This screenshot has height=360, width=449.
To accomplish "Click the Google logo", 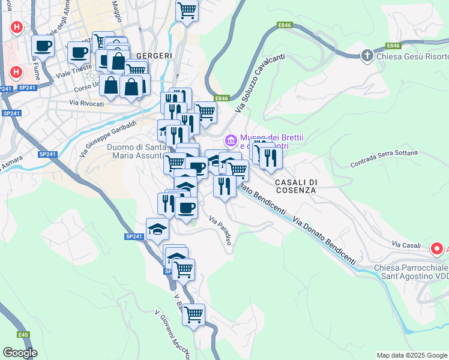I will pos(20,353).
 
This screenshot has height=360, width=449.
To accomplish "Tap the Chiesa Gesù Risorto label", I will pos(412,56).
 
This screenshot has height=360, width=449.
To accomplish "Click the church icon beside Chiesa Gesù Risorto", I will pos(367,56).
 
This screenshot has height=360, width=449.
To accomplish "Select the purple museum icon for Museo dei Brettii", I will pos(231,140).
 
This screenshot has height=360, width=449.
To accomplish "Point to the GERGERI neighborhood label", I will pos(154,55).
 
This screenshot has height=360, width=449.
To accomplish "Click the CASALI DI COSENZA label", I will pos(295,185).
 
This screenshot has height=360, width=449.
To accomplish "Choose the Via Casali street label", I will pos(405,244).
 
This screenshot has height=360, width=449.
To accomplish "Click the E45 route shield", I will pos(23,334).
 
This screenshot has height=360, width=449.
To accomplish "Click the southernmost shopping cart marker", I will pos(193,314).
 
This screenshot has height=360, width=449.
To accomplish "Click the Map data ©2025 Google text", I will pos(412,355).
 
